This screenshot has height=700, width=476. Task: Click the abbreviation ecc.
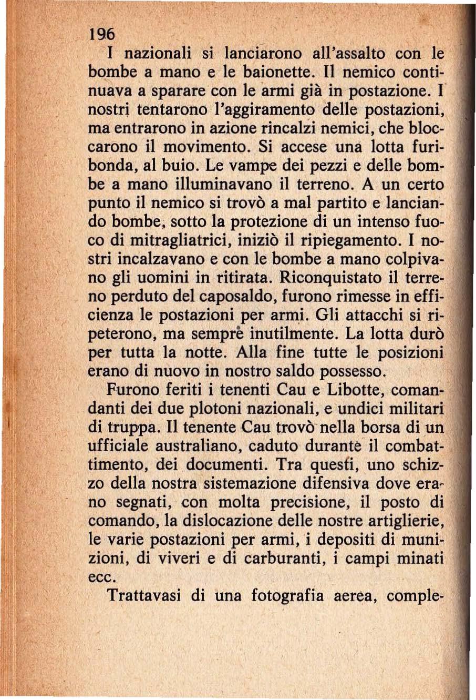point(100,577)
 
